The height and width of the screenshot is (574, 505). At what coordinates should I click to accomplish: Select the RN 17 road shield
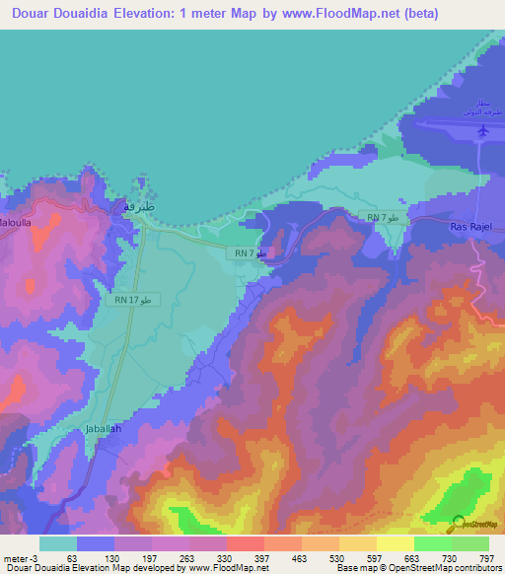pyautogui.click(x=130, y=298)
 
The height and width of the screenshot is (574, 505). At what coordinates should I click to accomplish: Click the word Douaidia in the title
pyautogui.click(x=106, y=14)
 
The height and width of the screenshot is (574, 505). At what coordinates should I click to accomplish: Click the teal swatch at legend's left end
pyautogui.click(x=57, y=543)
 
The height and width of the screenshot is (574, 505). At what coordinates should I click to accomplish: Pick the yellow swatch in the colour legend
pyautogui.click(x=395, y=543)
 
